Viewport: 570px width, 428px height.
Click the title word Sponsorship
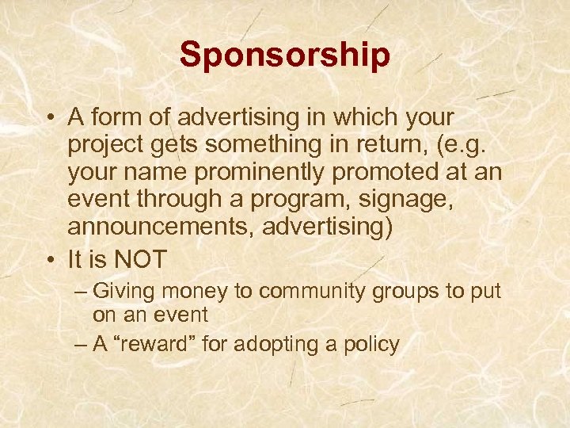pos(284,55)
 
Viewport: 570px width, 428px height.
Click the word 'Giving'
pos(131,292)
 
